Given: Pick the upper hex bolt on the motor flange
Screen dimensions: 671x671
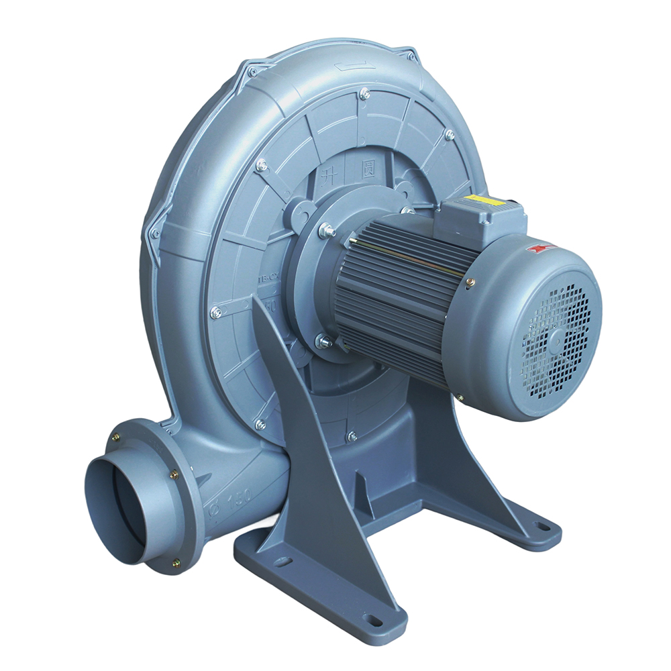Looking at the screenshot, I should point(327,229).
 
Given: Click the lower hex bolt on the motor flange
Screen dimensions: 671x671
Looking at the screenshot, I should point(323,342).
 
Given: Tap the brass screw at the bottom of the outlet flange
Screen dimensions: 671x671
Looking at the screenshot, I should point(176,563).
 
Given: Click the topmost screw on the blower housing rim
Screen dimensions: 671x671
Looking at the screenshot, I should point(364,94).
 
